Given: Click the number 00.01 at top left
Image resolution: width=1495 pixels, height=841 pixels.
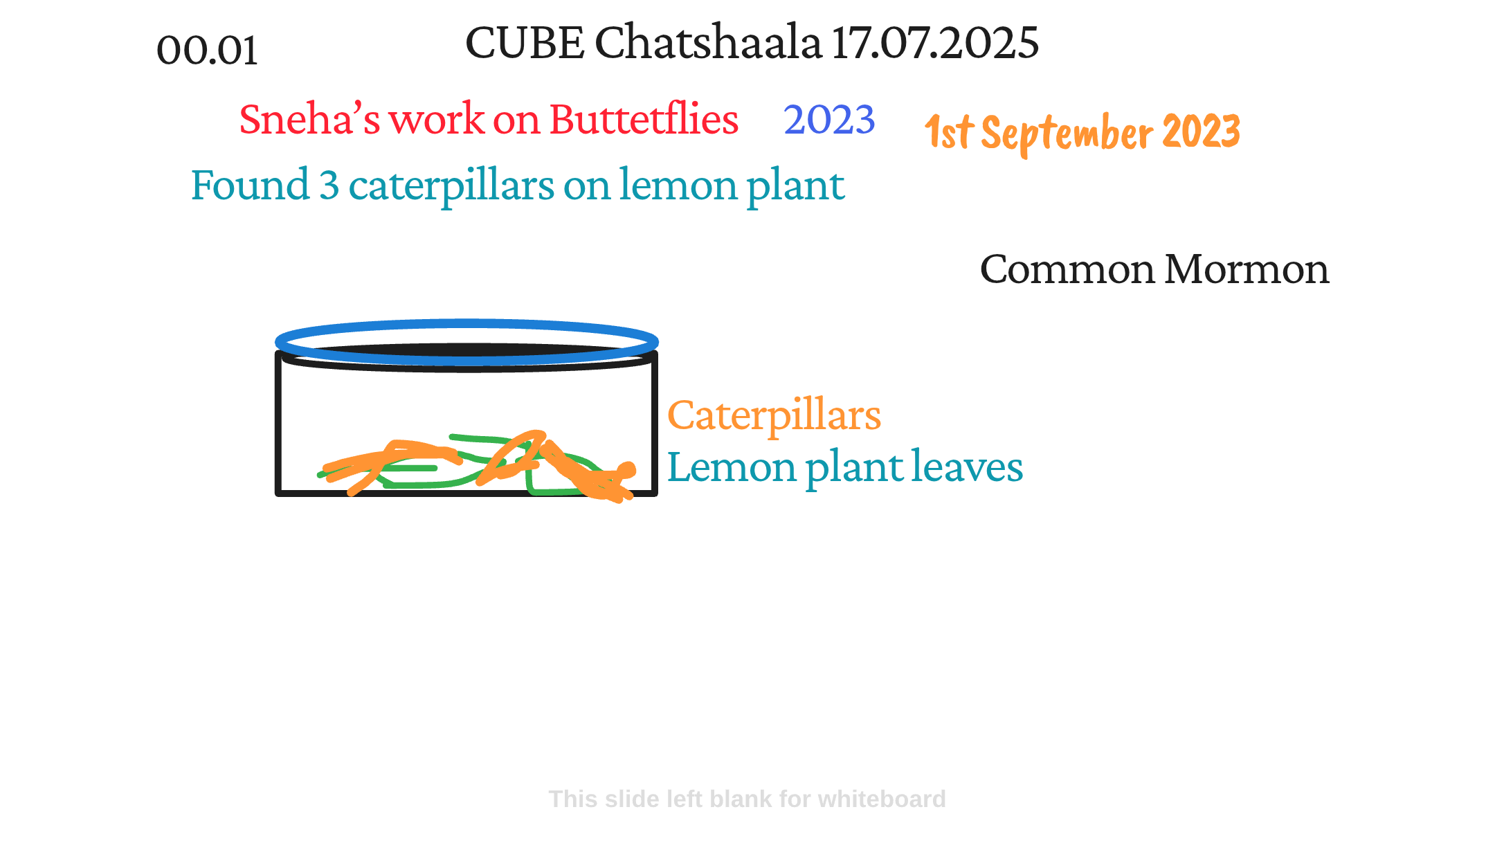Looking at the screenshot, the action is point(208,51).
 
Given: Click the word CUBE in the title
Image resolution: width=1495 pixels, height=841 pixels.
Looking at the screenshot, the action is point(525,42).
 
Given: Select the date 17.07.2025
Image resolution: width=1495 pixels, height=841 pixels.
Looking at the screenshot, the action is point(935,42).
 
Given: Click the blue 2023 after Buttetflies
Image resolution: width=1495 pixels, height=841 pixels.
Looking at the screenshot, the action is point(829,119).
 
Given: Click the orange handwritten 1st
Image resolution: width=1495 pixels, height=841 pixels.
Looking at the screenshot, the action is point(950,132).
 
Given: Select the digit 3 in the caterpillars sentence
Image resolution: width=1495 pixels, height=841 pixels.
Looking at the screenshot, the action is point(329,185).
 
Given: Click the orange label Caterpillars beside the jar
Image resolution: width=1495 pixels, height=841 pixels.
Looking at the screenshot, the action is point(774,417).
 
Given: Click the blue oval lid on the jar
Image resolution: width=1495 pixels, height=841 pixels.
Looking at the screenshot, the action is point(466,323).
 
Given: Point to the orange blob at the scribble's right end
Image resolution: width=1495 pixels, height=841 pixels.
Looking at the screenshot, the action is point(626,471).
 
